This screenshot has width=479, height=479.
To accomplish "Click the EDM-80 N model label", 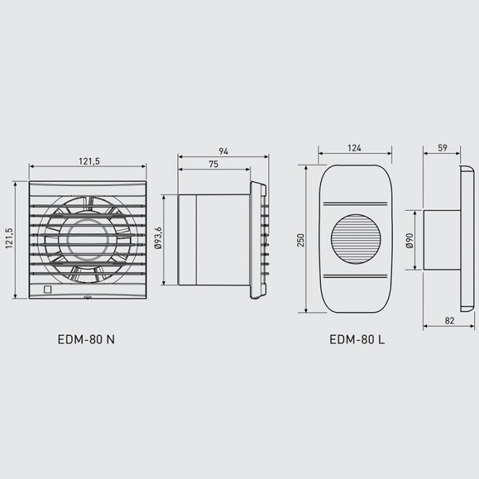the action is click(x=86, y=339).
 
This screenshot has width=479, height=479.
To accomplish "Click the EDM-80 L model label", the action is click(x=357, y=339).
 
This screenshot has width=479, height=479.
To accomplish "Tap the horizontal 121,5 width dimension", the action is click(x=89, y=161).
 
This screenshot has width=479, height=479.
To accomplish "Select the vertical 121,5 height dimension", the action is click(x=9, y=238).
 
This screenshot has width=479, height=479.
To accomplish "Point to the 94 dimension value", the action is click(x=223, y=151).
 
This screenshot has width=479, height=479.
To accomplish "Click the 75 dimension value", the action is click(x=213, y=164).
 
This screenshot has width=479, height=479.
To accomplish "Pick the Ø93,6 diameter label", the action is click(x=158, y=238).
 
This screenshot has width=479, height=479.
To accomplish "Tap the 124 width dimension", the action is click(x=354, y=148).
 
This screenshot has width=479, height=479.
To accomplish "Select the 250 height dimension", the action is click(x=301, y=240).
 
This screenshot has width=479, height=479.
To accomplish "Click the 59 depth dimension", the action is click(x=442, y=148).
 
